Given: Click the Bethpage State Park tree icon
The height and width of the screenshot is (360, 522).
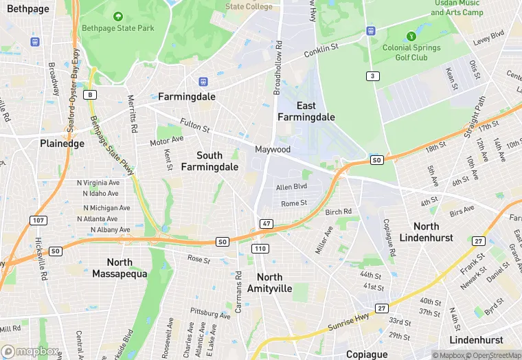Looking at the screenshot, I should pos(118,16).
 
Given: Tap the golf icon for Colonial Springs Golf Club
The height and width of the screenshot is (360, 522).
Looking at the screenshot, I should pos(411,36).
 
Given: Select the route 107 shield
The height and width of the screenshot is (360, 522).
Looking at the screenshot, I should pos(39,220).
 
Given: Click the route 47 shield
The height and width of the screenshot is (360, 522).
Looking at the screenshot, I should pos(266,224).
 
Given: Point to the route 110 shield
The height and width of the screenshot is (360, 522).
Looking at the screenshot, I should pos(260,248).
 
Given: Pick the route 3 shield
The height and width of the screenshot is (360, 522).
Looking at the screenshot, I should pos(372,76).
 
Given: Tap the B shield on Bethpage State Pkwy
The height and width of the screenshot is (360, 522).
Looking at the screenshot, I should pos(90,95).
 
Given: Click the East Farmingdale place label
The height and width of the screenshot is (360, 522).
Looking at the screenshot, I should pos(306,111).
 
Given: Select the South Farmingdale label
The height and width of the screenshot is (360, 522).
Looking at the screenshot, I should pos(209,161).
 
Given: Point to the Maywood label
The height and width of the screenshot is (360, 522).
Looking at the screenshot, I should pos(273,149).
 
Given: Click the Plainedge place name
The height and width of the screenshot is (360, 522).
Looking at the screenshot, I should pos(62,144).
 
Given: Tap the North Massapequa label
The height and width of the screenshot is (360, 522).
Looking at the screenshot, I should pos(120,268).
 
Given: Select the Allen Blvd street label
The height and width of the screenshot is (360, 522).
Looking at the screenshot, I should pos(291,187).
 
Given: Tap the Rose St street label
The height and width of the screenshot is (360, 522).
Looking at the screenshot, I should pos(199,259).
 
